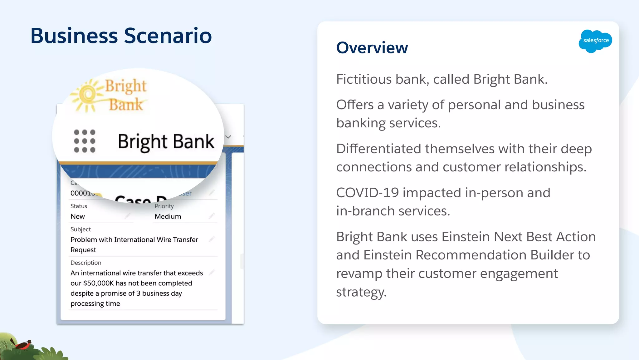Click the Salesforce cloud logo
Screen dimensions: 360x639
tap(595, 41)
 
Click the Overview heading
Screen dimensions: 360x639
tap(372, 48)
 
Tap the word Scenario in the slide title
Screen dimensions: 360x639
tap(168, 36)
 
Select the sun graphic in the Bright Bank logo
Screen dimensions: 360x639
tap(87, 94)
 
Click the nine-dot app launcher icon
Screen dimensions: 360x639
tap(85, 141)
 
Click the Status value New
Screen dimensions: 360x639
tap(77, 216)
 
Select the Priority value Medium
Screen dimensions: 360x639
tap(168, 216)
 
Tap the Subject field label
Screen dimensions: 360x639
tap(80, 229)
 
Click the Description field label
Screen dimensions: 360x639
tap(86, 263)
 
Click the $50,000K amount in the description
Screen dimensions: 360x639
tap(98, 283)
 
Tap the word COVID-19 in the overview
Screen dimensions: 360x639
tap(367, 193)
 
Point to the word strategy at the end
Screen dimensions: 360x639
tap(361, 292)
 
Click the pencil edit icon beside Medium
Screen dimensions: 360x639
tap(212, 216)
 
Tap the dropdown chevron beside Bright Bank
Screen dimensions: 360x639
tap(228, 137)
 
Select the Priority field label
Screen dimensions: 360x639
tap(164, 206)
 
